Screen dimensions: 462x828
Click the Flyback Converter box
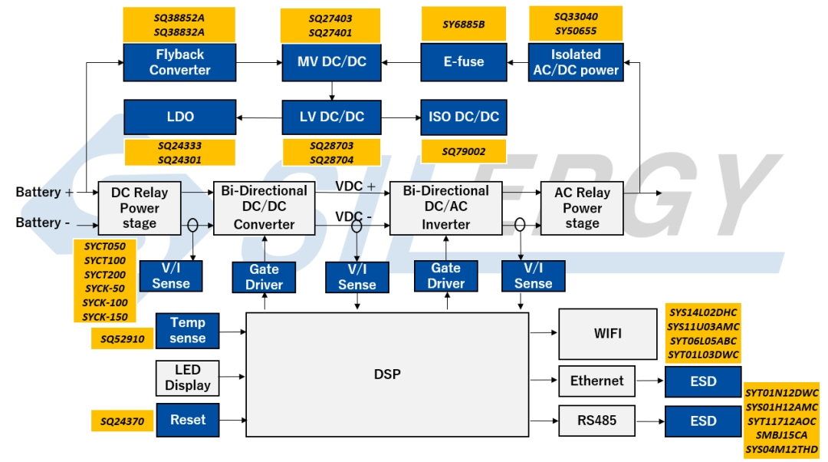point(179,62)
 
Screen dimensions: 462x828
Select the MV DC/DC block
point(331,62)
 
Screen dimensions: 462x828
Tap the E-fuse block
point(464,62)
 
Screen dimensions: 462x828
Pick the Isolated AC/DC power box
point(575,62)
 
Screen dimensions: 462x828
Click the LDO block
point(179,117)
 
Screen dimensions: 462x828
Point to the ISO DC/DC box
point(464,117)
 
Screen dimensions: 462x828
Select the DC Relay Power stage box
point(139,207)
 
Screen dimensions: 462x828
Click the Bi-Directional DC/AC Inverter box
point(445,207)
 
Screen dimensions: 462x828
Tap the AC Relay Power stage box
point(582,207)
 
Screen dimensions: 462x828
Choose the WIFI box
point(607,334)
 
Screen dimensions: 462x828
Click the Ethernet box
point(596,381)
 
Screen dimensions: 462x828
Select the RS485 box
point(596,421)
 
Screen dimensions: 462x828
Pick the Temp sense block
point(187,331)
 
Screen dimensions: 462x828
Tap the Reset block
point(187,420)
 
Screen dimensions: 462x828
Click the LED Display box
point(187,378)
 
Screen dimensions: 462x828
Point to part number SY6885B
point(463,25)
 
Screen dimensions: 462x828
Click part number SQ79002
point(463,152)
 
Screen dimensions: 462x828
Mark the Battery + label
point(44,192)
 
